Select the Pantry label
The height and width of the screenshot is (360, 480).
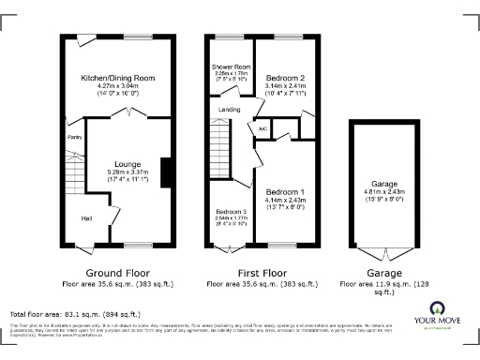click(74, 137)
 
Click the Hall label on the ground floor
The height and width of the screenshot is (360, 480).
click(86, 218)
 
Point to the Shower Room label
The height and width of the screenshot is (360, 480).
click(230, 67)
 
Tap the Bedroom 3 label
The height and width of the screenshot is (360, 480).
click(231, 212)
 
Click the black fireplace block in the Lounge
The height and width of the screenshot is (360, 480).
click(165, 173)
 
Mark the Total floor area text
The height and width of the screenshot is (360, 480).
click(75, 314)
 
